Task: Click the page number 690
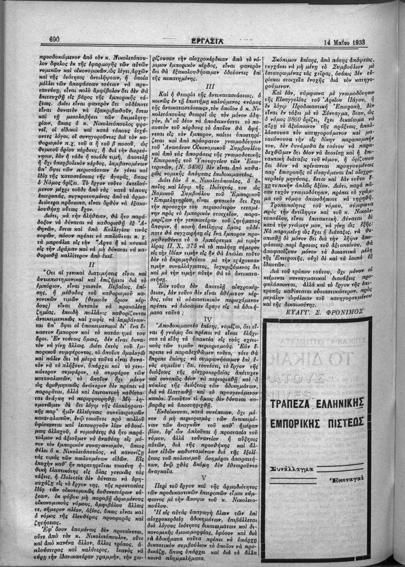coord(57,39)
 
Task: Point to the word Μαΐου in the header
coord(336,41)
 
